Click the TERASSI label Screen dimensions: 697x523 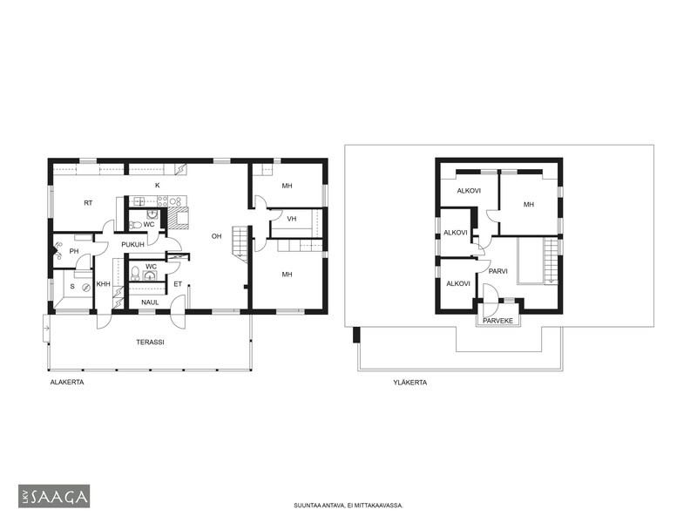pos(150,342)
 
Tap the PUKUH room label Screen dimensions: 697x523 pos(133,245)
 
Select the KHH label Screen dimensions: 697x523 pos(103,284)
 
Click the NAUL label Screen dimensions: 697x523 pos(150,302)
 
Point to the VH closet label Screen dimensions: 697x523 pos(292,219)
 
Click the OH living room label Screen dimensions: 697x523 pos(216,236)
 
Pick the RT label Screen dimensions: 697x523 pos(88,203)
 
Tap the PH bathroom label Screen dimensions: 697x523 pos(74,251)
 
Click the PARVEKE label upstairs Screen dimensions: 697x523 pos(497,321)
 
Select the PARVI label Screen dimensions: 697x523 pos(497,271)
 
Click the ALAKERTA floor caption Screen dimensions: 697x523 pos(67,382)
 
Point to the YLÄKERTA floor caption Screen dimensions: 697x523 pos(410,383)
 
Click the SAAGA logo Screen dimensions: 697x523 pos(54,496)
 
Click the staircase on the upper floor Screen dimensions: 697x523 pos(551,261)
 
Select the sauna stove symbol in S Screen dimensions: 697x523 pos(86,289)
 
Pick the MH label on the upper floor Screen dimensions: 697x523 pos(529,205)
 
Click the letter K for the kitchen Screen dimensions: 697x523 pos(158,186)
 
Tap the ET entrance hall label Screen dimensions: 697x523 pos(178,284)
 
